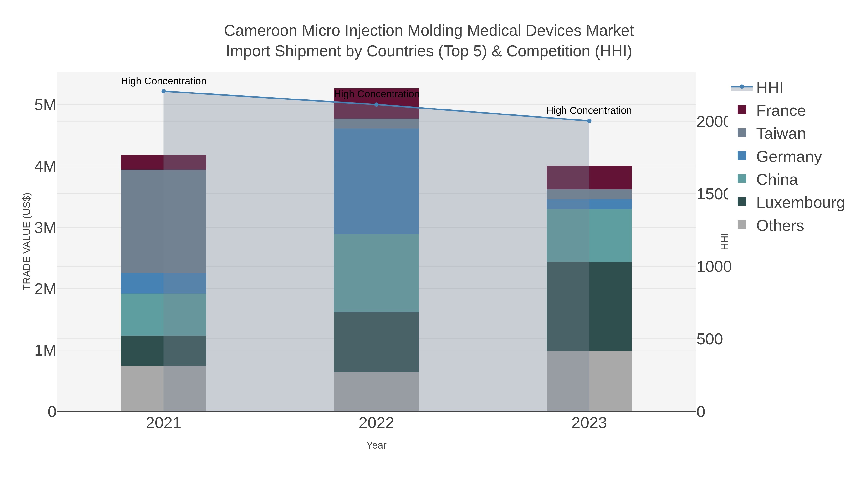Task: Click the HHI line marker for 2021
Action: [163, 91]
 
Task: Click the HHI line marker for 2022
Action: [376, 105]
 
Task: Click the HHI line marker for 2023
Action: [589, 121]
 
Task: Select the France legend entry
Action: [780, 111]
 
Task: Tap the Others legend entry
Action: [780, 226]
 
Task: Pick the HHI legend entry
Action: [769, 88]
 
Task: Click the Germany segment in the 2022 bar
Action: [376, 181]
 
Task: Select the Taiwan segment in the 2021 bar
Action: [163, 221]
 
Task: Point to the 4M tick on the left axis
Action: [45, 166]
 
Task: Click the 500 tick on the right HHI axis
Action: [710, 339]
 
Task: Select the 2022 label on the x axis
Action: [376, 423]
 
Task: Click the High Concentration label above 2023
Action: [589, 110]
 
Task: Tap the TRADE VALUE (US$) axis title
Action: [27, 241]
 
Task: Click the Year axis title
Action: [376, 445]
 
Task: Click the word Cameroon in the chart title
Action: [260, 31]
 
